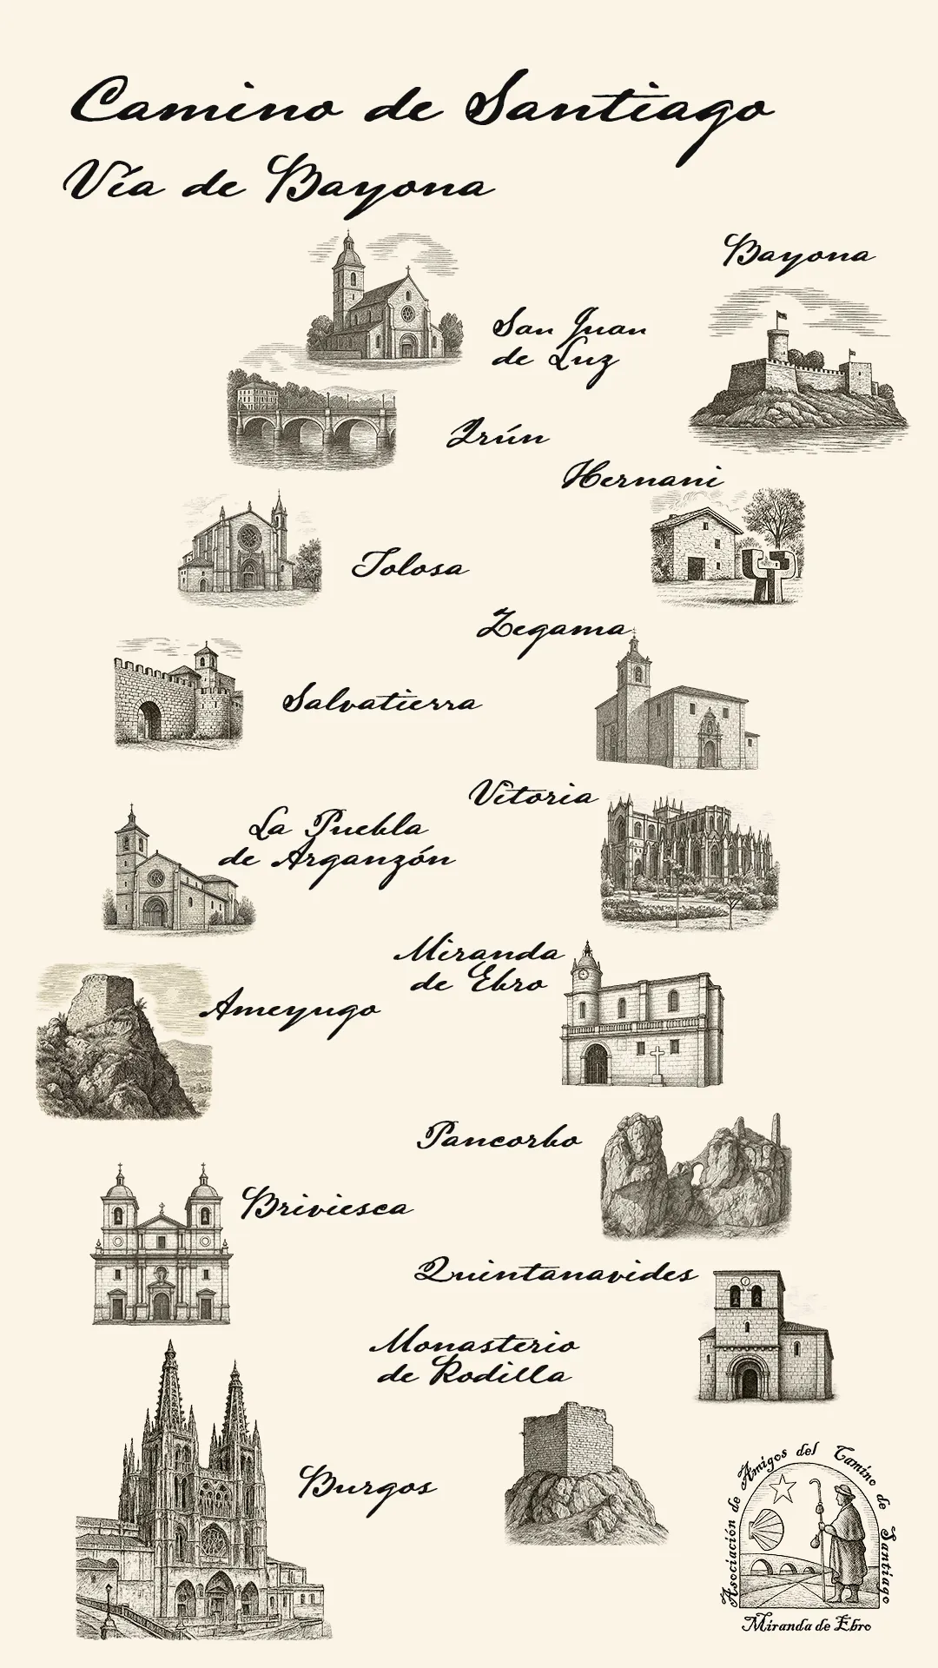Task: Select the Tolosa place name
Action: [409, 566]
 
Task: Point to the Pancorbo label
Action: [500, 1136]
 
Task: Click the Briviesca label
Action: [327, 1205]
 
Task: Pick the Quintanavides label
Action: [555, 1273]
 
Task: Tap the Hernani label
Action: [642, 477]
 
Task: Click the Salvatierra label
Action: [380, 700]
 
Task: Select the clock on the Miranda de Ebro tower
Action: [585, 972]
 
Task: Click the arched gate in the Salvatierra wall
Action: [150, 720]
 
